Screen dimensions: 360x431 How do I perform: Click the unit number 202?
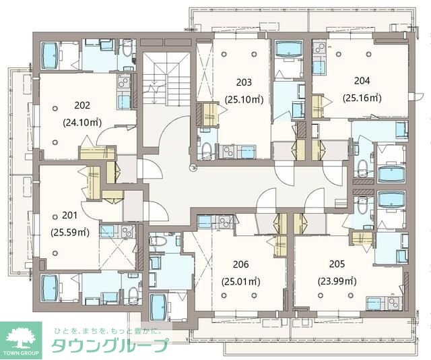(x=82, y=105)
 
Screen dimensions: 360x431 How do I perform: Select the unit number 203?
(x=244, y=83)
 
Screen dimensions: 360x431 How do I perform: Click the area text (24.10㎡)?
(x=82, y=123)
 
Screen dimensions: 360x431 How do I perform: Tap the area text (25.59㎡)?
(x=70, y=233)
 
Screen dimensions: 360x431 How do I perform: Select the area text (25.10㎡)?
(x=244, y=100)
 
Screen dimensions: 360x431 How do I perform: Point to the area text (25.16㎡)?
(x=362, y=97)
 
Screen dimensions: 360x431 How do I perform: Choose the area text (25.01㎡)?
(x=242, y=281)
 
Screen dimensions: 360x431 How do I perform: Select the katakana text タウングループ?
(x=110, y=347)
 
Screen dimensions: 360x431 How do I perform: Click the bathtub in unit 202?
(x=52, y=55)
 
